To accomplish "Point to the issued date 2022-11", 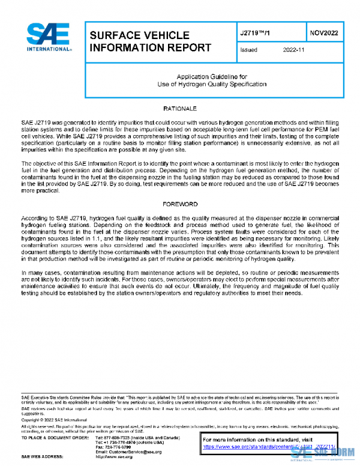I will point(294,50).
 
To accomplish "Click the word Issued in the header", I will point(248,50).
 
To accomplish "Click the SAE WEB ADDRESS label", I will point(44,457).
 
